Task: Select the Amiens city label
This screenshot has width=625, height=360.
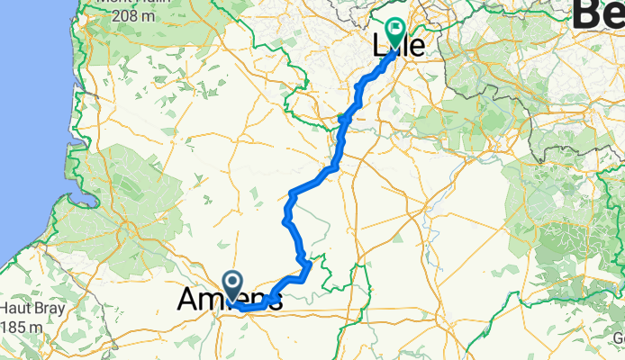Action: click(230, 301)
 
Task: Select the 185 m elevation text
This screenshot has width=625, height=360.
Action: click(23, 325)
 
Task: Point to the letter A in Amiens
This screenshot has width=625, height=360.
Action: click(188, 301)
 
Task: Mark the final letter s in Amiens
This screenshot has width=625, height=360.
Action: click(274, 301)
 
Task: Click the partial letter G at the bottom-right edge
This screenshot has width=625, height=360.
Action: click(620, 337)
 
